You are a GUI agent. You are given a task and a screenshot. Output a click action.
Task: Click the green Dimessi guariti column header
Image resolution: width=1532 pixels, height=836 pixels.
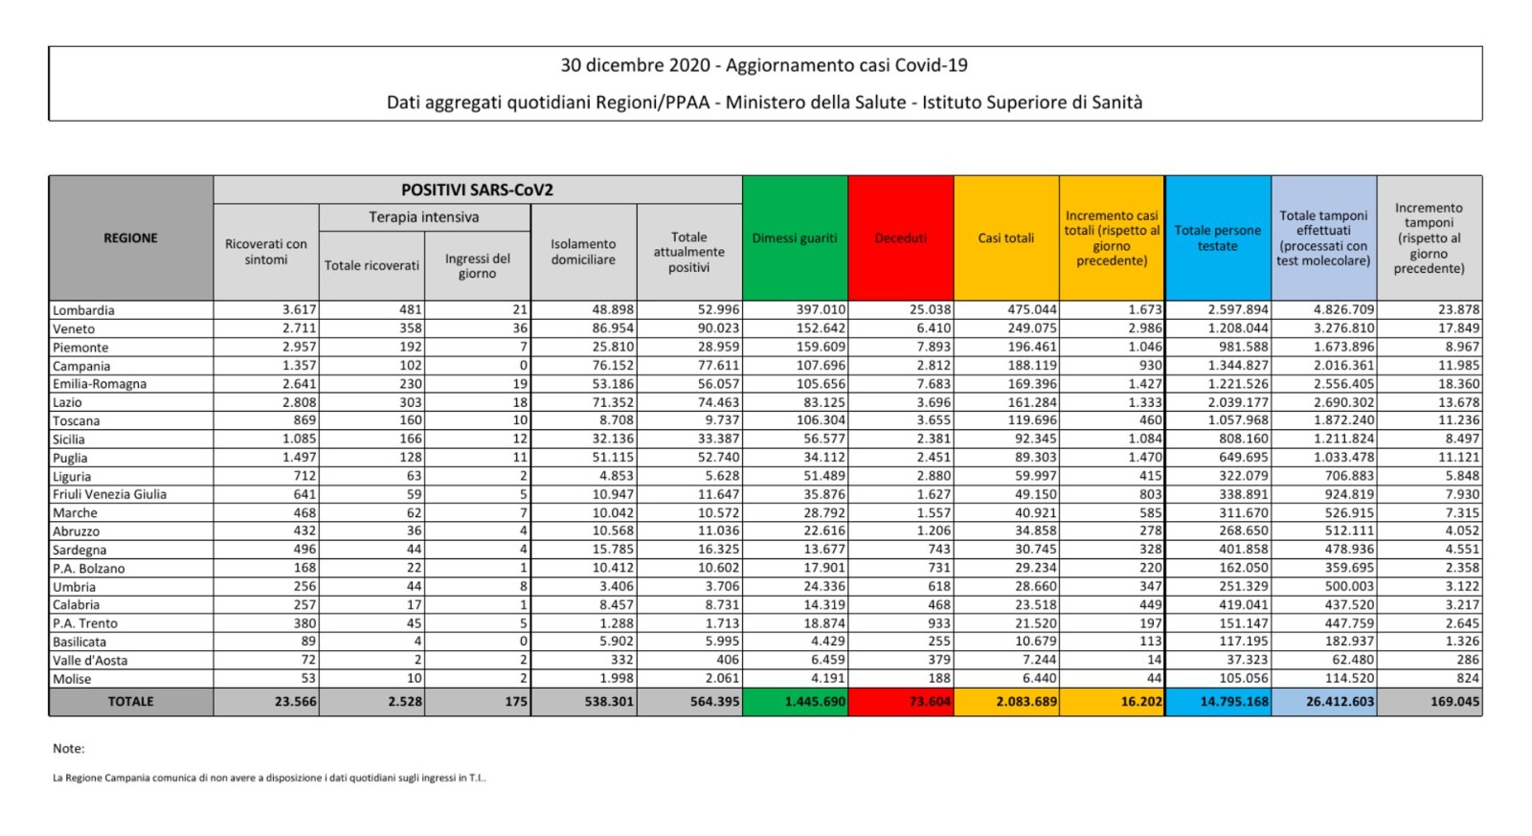pyautogui.click(x=795, y=237)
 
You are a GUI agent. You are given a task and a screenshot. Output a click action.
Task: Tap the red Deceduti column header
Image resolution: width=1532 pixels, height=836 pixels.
pyautogui.click(x=900, y=237)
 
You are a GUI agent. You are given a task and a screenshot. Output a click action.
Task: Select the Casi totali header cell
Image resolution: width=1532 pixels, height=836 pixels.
pyautogui.click(x=1005, y=237)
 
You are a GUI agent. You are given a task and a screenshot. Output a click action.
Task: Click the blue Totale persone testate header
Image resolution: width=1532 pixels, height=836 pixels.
pyautogui.click(x=1217, y=237)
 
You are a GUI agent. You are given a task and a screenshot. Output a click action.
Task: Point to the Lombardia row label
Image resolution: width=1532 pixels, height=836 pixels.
pyautogui.click(x=83, y=310)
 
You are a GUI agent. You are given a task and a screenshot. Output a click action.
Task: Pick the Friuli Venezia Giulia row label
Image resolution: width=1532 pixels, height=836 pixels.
pyautogui.click(x=109, y=494)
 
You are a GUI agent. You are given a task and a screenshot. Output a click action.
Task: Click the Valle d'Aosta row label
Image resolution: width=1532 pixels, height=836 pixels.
pyautogui.click(x=90, y=660)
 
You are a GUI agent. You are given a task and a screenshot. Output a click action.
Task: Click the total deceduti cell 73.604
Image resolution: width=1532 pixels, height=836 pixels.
pyautogui.click(x=930, y=701)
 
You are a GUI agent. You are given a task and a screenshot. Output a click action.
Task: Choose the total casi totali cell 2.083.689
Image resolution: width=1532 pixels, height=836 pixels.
pyautogui.click(x=1026, y=701)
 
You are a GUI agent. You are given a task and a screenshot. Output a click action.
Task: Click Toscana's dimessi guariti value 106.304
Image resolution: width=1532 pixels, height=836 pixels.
pyautogui.click(x=821, y=420)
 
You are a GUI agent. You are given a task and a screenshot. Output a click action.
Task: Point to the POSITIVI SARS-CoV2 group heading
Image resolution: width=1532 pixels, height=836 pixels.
pyautogui.click(x=477, y=190)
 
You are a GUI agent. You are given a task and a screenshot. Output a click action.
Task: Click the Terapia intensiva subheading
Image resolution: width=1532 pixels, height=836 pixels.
pyautogui.click(x=424, y=217)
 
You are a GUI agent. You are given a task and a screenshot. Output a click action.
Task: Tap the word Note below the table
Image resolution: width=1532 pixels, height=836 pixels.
pyautogui.click(x=69, y=748)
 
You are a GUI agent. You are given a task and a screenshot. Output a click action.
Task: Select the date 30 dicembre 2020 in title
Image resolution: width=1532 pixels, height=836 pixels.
pyautogui.click(x=635, y=65)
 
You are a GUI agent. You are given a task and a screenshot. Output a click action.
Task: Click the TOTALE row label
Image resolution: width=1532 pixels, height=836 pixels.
pyautogui.click(x=130, y=701)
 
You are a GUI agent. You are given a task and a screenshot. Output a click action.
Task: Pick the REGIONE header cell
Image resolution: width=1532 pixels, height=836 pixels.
pyautogui.click(x=130, y=237)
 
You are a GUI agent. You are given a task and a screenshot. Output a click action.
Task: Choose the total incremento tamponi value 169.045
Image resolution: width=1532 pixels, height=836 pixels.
pyautogui.click(x=1454, y=701)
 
